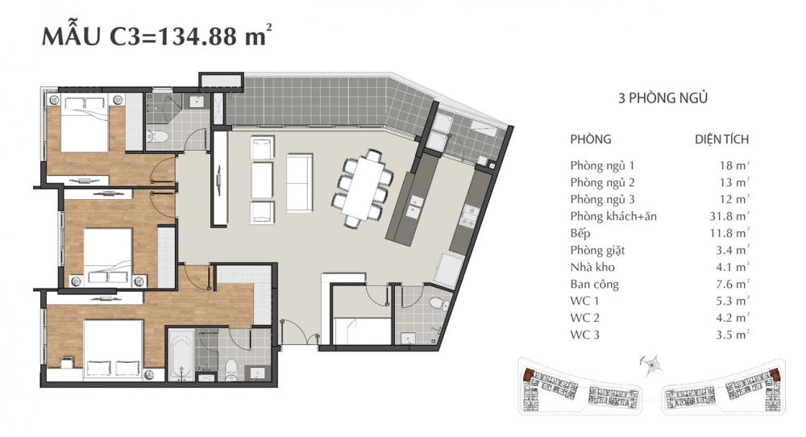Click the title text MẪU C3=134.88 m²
coord(153,38)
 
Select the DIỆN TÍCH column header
coord(721,139)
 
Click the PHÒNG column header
coord(590,139)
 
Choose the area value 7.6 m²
coord(733,283)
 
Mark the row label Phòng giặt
coord(597,250)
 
